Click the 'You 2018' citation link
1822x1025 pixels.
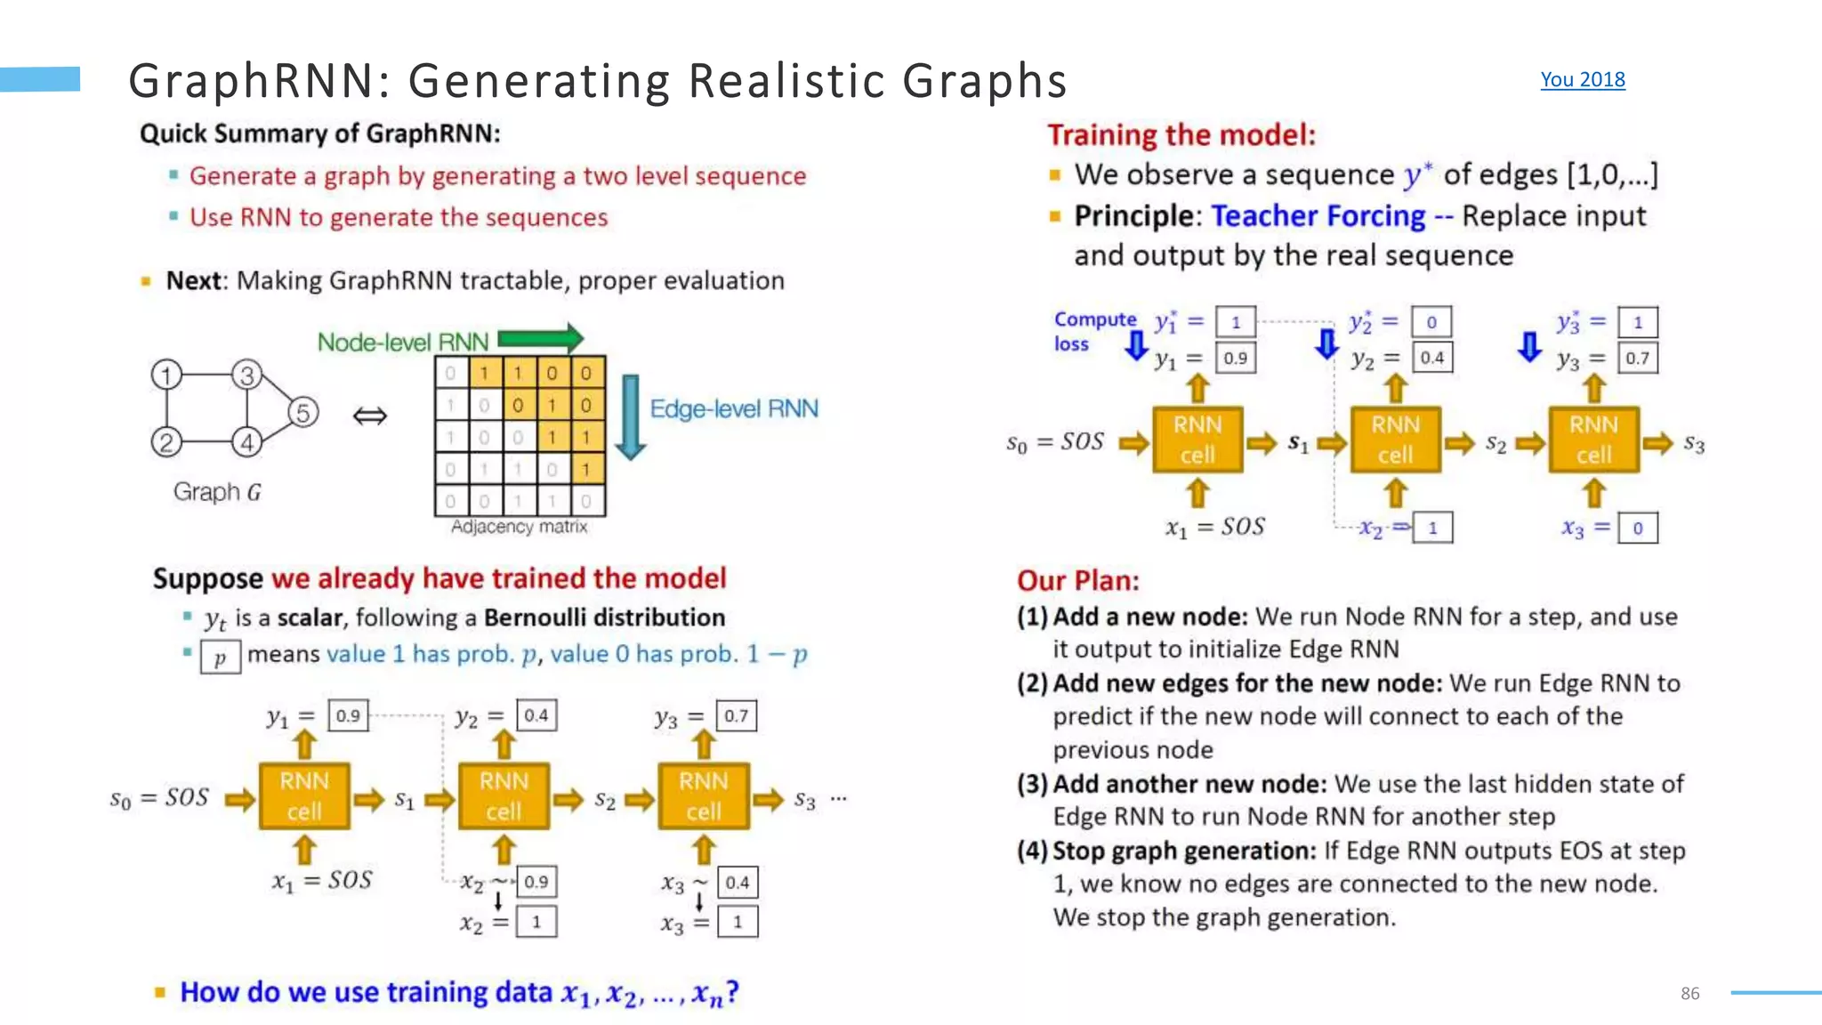1582,80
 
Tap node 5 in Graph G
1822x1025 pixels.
303,413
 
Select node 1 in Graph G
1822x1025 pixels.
166,375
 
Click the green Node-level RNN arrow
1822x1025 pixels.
540,338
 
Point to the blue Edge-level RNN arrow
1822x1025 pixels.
631,416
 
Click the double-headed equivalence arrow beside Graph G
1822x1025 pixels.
370,416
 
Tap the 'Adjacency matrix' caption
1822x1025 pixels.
519,527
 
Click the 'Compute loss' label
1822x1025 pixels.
1094,331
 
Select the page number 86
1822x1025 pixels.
1689,993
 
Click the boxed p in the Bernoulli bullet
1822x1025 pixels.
220,658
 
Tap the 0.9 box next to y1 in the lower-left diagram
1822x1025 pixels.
348,715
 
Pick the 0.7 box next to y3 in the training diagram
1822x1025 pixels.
1637,358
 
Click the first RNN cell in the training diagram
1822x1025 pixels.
1197,440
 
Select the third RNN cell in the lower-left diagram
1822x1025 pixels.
703,795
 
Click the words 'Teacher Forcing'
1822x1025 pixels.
1318,216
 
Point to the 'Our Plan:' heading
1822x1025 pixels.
1078,580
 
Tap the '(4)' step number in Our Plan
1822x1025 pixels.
1033,851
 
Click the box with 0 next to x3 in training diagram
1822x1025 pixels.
1637,529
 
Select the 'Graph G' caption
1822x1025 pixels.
217,492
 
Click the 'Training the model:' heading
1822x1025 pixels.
1181,134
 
